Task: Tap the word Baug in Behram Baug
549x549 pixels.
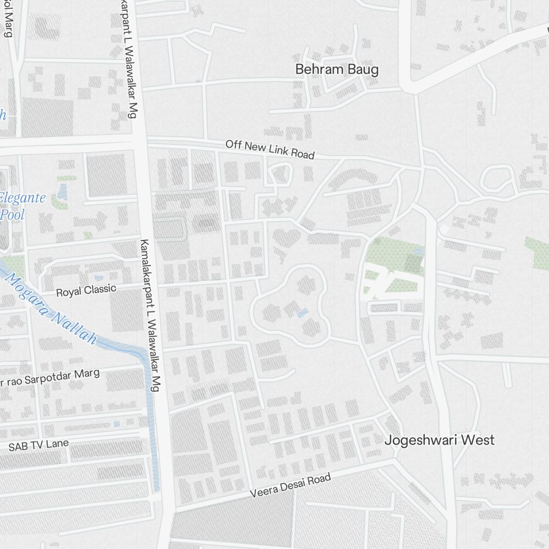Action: coord(363,70)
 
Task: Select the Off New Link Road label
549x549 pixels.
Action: coord(270,149)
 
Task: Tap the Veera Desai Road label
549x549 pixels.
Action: coord(290,486)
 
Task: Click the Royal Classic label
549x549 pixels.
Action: coord(86,290)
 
